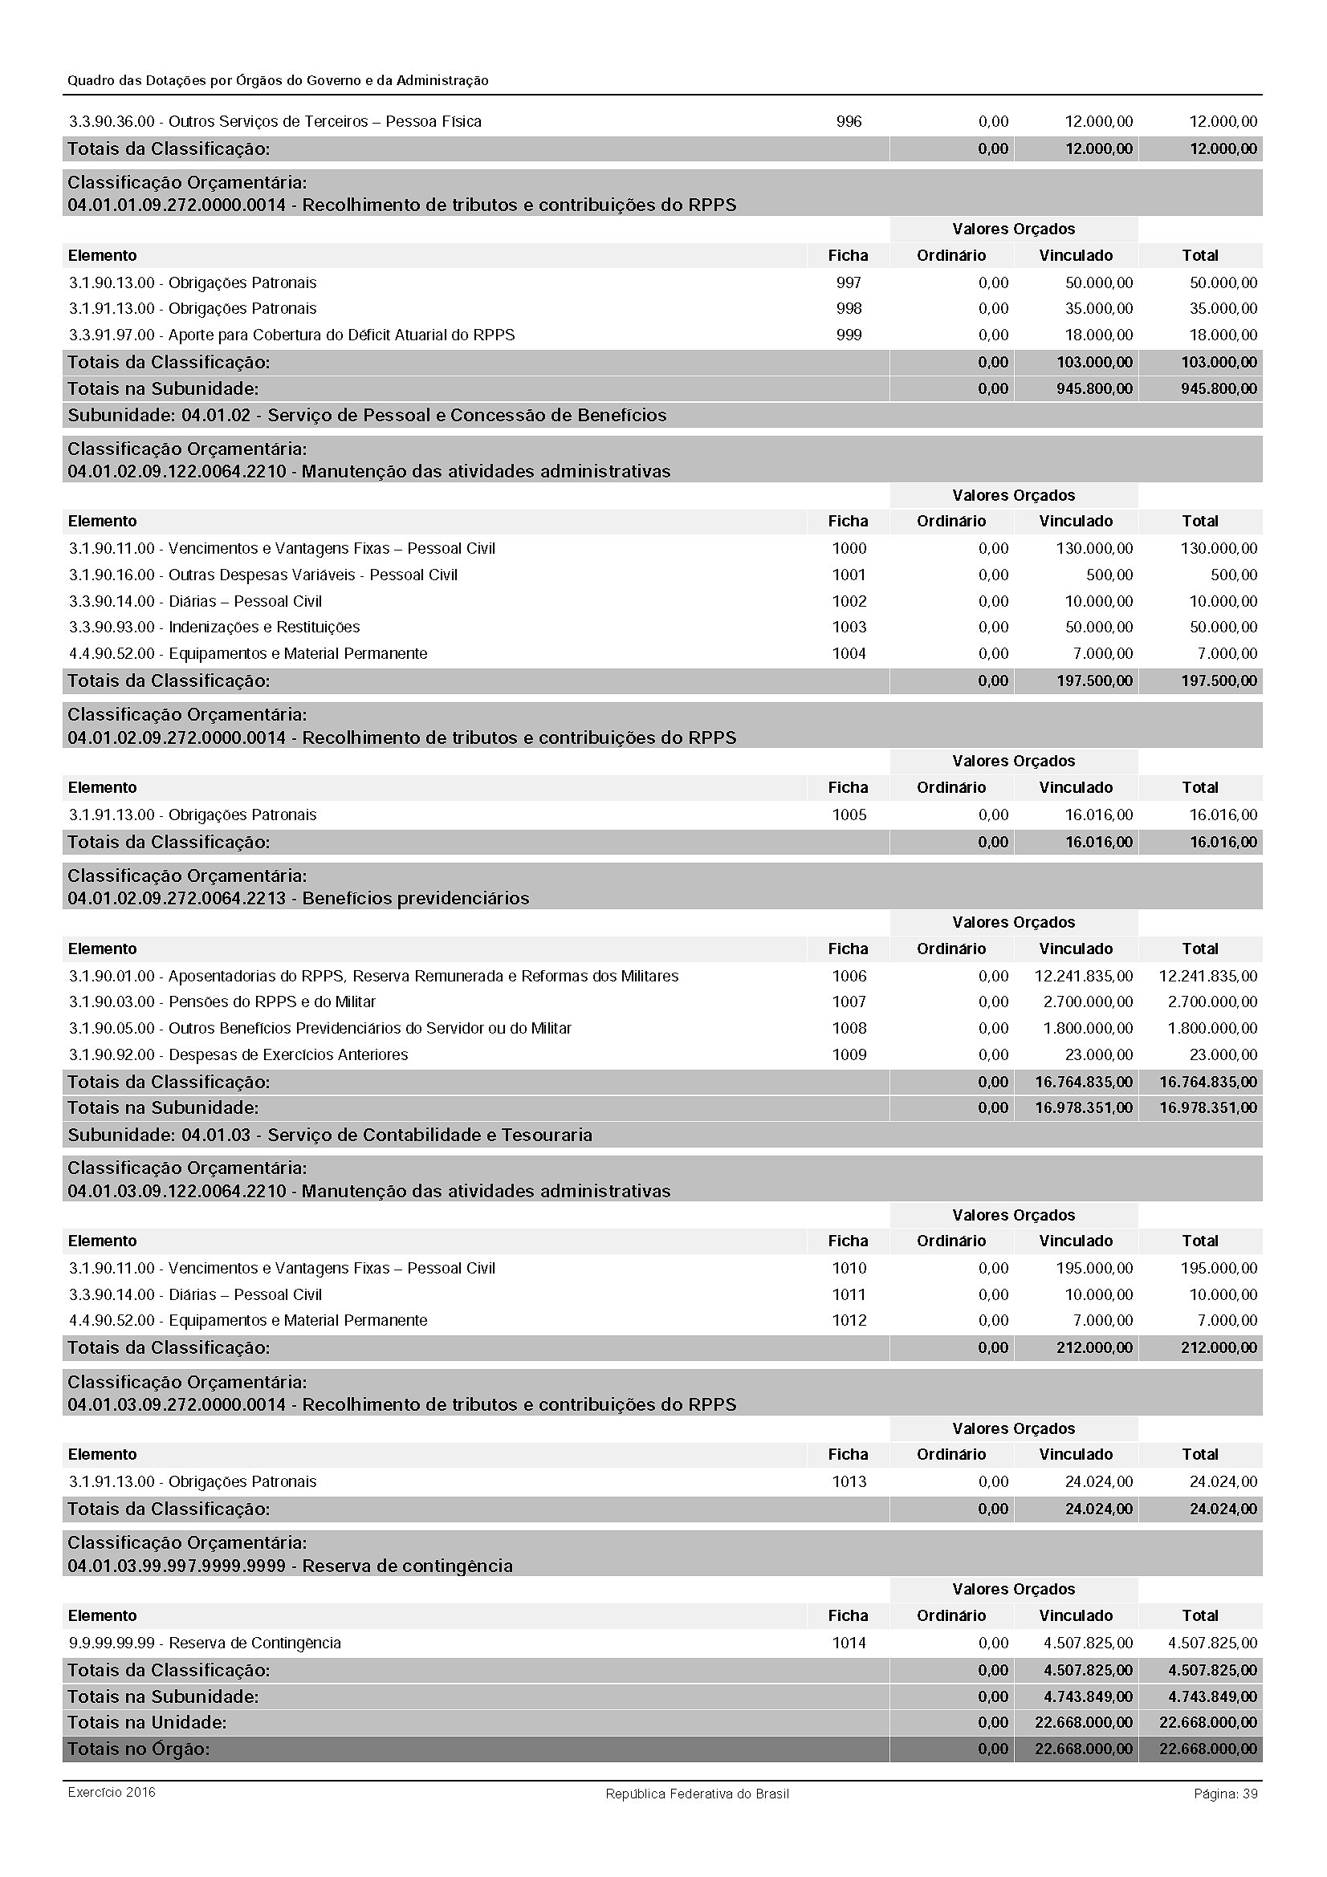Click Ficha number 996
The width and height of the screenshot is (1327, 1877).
click(x=849, y=122)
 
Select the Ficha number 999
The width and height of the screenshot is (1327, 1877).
click(x=849, y=335)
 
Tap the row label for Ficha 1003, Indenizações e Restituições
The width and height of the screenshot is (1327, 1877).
click(x=214, y=627)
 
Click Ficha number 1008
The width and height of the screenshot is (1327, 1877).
click(x=849, y=1028)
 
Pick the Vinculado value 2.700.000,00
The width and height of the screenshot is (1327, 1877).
click(x=1088, y=1001)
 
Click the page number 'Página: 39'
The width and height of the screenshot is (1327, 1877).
click(x=1225, y=1794)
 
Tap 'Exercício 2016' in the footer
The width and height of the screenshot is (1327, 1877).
click(x=112, y=1792)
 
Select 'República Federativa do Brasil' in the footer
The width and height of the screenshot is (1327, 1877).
click(x=697, y=1794)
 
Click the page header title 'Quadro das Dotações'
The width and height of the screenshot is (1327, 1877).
click(x=278, y=80)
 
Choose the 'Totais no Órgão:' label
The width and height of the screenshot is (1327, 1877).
click(x=139, y=1749)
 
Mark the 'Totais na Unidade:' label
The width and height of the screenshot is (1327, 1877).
click(x=147, y=1721)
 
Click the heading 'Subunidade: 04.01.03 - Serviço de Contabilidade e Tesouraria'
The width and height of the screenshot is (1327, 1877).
click(x=330, y=1135)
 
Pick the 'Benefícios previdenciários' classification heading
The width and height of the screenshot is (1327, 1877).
click(x=415, y=898)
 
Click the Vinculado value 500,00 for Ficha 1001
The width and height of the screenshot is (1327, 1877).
click(x=1109, y=575)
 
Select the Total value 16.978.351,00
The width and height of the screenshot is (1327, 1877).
click(x=1207, y=1107)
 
